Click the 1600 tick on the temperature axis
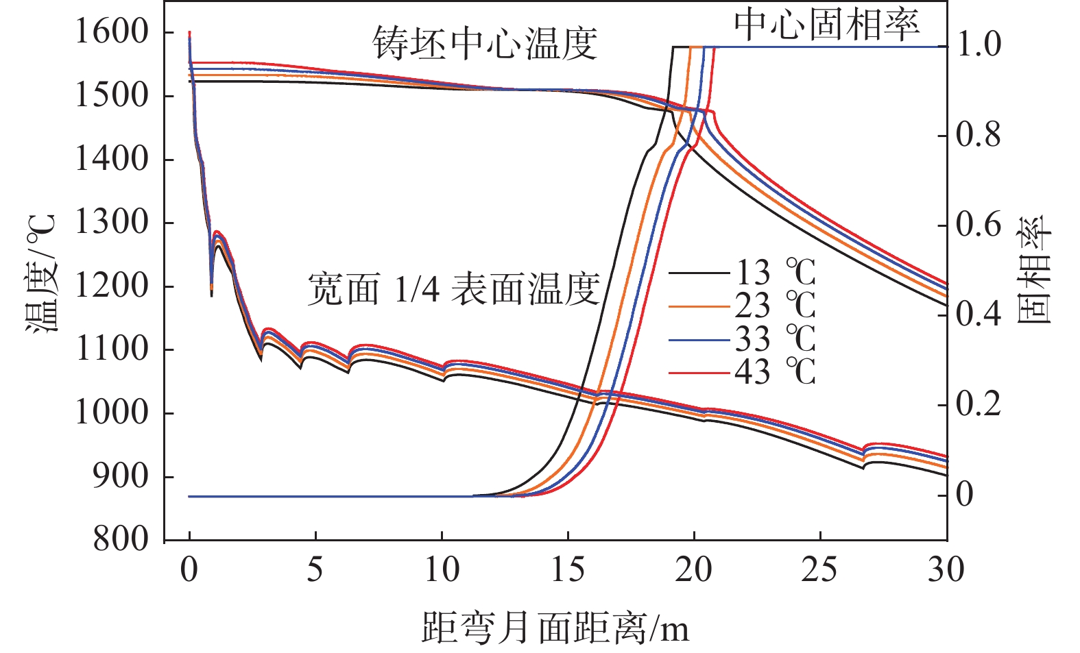111,32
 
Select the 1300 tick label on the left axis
111,223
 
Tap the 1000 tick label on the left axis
111,413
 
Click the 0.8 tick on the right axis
979,135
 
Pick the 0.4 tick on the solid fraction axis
979,315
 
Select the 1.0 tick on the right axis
979,45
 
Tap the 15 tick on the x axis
568,570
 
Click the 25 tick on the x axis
820,570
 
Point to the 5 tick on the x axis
315,570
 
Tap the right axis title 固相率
1033,269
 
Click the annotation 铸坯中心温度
485,44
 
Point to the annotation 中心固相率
827,25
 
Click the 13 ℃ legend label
776,273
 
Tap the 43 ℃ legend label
776,373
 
